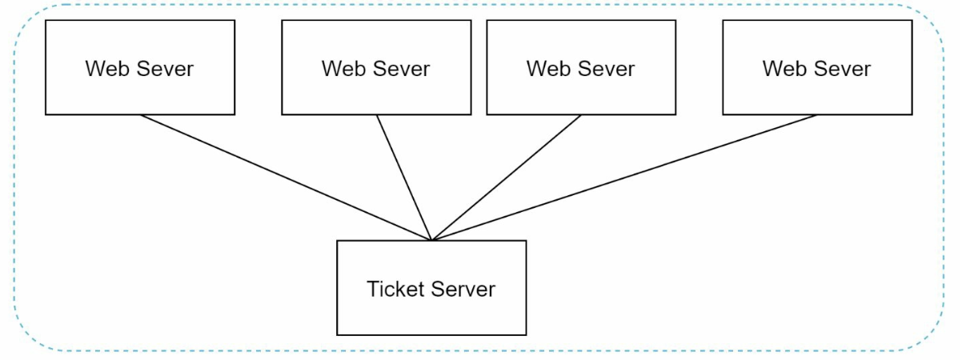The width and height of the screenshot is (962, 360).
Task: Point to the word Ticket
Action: coord(392,289)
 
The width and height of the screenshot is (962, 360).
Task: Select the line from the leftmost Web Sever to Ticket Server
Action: coord(286,178)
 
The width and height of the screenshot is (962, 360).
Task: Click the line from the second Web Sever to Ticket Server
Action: coord(404,178)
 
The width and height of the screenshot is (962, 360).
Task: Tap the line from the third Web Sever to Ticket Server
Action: coord(506,178)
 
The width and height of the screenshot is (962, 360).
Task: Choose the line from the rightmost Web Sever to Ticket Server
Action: coord(624,178)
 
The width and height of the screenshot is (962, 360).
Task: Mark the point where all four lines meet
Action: coord(431,240)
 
